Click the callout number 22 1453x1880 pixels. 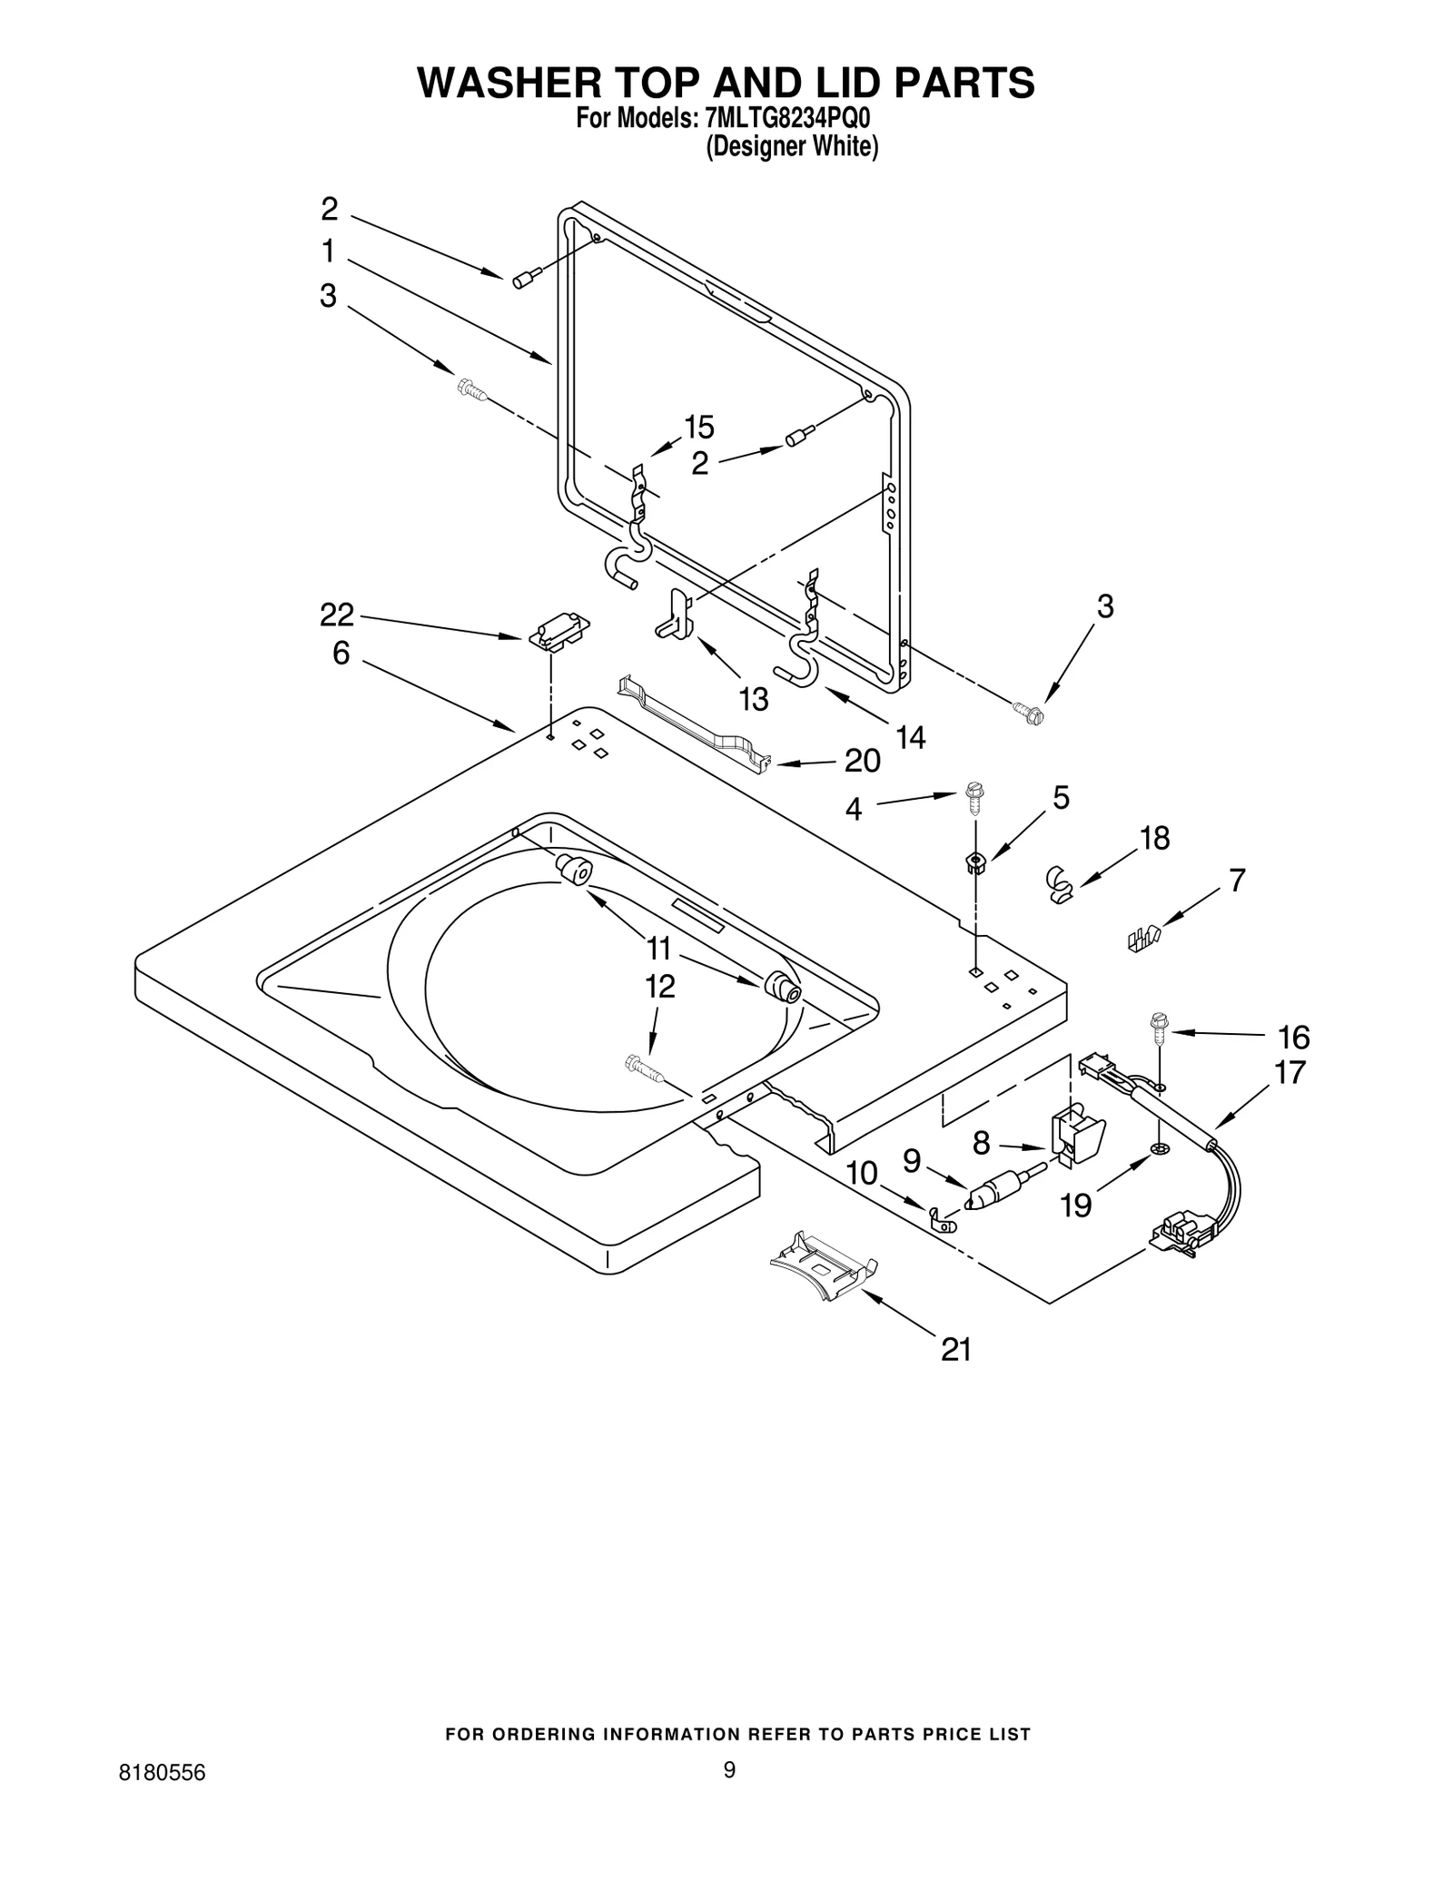[x=336, y=615]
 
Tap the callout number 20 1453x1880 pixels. [x=862, y=761]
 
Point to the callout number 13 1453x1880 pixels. [x=754, y=699]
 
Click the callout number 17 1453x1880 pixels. [x=1290, y=1073]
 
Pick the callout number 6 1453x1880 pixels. [x=341, y=653]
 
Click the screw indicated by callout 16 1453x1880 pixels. [x=1160, y=1027]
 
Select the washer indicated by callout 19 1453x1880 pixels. [x=1159, y=1151]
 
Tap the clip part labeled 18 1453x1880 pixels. [x=1058, y=884]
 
